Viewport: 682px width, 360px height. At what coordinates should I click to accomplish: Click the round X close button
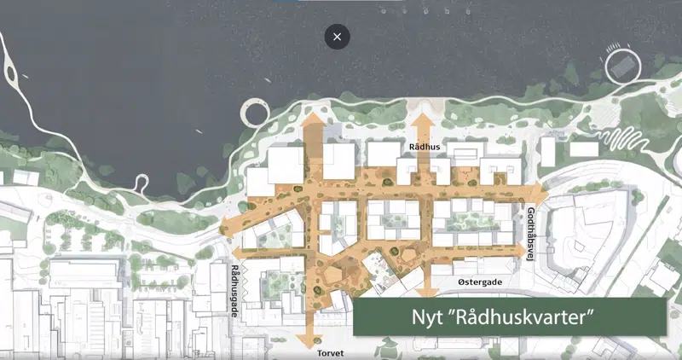(x=338, y=37)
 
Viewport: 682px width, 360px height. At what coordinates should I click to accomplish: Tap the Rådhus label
(x=424, y=147)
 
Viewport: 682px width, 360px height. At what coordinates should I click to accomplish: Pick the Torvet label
(x=332, y=351)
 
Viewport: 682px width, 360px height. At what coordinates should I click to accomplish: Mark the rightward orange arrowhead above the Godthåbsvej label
(x=535, y=186)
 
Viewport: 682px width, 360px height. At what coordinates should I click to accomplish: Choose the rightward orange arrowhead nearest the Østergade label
(x=519, y=249)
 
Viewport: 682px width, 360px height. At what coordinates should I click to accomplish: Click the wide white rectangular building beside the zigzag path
(x=584, y=148)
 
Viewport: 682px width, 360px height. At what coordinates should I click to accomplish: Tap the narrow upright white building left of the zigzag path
(x=547, y=151)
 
